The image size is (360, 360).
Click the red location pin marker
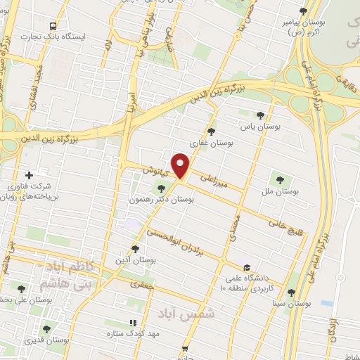[181, 165]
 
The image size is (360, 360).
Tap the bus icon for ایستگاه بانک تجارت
[53, 26]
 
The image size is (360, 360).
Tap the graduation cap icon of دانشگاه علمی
[246, 267]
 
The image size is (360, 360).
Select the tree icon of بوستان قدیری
[46, 328]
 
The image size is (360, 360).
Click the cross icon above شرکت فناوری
[29, 175]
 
